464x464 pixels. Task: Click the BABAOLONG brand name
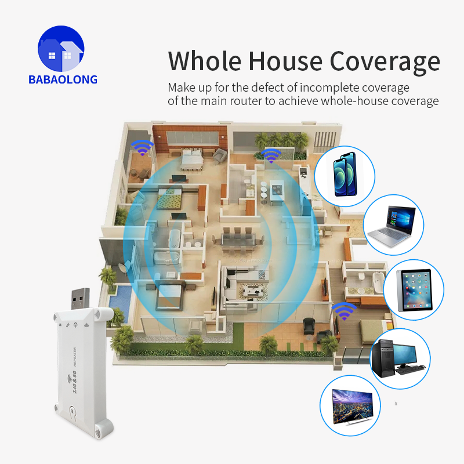click(x=63, y=79)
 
